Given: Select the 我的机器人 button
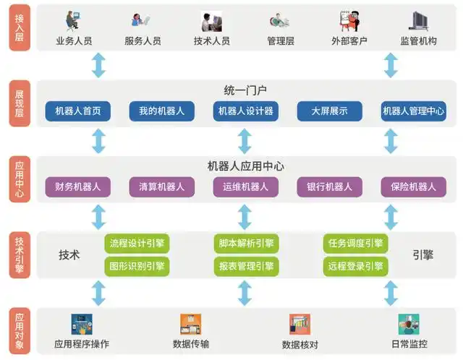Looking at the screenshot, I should (x=162, y=111).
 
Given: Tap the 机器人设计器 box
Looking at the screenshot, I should (x=245, y=111).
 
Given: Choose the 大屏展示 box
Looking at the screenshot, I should (x=330, y=111).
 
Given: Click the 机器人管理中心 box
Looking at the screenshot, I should (x=414, y=111).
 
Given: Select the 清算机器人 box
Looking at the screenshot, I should (x=162, y=187).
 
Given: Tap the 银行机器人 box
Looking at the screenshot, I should (x=330, y=187).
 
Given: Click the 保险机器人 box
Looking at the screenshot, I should (x=414, y=187).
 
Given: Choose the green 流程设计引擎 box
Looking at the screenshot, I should (x=137, y=243).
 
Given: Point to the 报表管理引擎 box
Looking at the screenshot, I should (x=247, y=266).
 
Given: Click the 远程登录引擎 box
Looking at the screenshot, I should (x=355, y=266).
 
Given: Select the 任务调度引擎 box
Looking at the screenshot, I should (x=355, y=243).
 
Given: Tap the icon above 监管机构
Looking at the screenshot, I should (x=418, y=20).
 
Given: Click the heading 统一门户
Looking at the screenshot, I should (x=245, y=90).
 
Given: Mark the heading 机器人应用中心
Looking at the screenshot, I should (x=245, y=166).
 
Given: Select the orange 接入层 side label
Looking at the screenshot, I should (x=20, y=27).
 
